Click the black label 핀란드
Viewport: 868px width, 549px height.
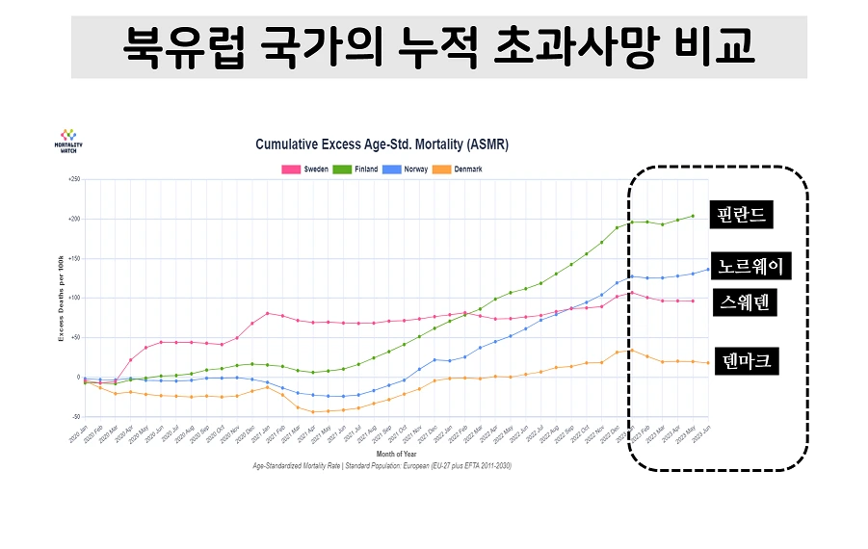[x=740, y=214]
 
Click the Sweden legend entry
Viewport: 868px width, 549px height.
[x=305, y=170]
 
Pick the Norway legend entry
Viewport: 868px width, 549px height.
[x=408, y=170]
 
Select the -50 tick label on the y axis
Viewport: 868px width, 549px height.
[x=74, y=416]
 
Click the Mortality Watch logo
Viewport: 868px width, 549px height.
[x=67, y=141]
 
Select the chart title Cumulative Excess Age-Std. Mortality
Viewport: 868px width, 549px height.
[x=381, y=144]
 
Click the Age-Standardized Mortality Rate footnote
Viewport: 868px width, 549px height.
[x=381, y=465]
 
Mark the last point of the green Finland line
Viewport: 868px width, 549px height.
[x=692, y=216]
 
